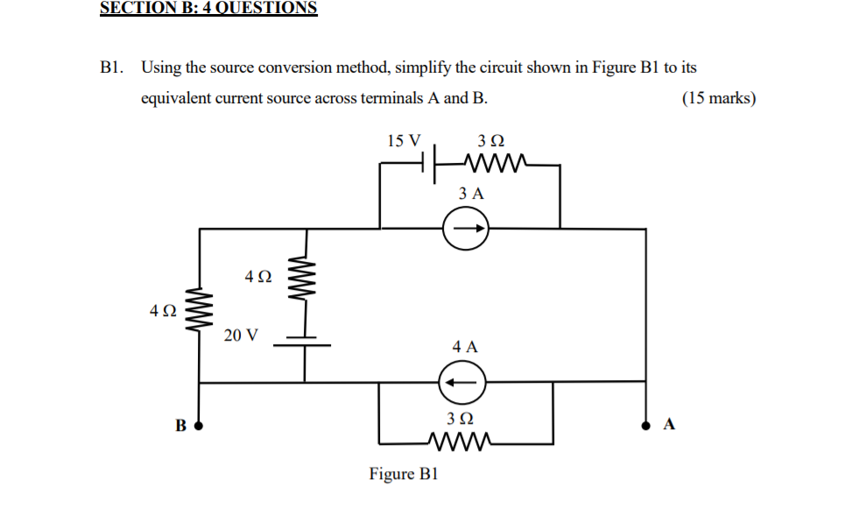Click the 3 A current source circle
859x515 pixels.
point(465,230)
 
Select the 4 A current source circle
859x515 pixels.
point(461,383)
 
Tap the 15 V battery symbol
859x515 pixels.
point(429,164)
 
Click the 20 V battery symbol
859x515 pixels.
point(304,342)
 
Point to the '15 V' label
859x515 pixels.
point(404,140)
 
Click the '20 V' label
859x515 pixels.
point(241,335)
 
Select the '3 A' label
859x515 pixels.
point(470,194)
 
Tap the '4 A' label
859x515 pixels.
point(465,347)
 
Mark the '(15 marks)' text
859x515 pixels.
point(718,98)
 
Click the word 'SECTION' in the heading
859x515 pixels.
point(137,8)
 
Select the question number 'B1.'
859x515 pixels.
point(112,67)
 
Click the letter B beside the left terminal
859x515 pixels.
point(180,427)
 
